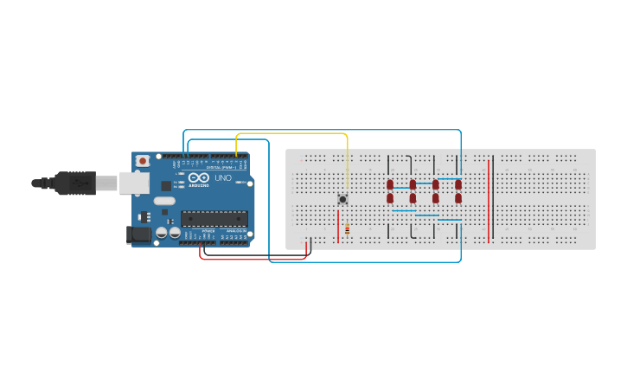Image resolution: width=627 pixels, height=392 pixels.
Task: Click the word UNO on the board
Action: [x=222, y=178]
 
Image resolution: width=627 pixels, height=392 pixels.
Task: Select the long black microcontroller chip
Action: [x=214, y=218]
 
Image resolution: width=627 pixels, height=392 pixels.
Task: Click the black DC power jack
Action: [x=136, y=234]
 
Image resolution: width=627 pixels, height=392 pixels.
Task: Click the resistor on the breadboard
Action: [x=348, y=229]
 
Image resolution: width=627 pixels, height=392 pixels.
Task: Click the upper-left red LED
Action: [x=390, y=184]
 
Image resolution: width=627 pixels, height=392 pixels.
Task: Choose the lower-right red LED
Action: [x=458, y=198]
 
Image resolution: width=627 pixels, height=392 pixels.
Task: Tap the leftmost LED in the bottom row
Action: [x=390, y=198]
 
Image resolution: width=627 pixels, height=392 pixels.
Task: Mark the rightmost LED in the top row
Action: [x=458, y=184]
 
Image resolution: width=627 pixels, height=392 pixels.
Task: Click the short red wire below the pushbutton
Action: [x=337, y=225]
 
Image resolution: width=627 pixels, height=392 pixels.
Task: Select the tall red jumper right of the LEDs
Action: [x=489, y=199]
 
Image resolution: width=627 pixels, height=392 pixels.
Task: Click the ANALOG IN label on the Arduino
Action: [x=234, y=231]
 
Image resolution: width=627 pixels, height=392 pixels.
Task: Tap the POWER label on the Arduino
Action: [x=208, y=231]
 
